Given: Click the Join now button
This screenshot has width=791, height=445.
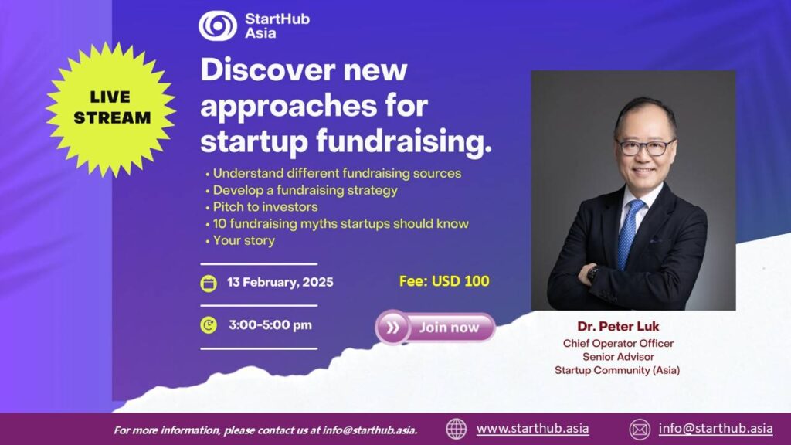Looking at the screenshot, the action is (436, 328).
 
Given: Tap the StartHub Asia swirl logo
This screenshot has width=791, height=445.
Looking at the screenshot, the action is (217, 25).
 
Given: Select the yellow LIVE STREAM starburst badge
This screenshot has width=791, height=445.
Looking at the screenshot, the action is (111, 109).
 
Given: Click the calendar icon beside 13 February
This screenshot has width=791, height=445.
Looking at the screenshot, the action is (209, 283).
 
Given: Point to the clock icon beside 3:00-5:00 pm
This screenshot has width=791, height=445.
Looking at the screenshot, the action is (209, 325).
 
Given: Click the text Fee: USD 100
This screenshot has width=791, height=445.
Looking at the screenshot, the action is (444, 281).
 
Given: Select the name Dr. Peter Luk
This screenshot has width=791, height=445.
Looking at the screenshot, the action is (618, 327).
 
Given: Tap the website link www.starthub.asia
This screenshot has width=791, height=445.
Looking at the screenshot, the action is (532, 428).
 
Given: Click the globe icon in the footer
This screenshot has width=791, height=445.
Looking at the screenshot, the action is (456, 430).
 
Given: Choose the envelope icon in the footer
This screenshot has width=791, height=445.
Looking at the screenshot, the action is (640, 430).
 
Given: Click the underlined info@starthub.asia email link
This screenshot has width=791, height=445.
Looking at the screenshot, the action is (715, 428).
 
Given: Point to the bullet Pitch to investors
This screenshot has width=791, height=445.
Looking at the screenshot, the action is (262, 207).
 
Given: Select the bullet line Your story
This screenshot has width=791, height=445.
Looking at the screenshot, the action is (240, 241).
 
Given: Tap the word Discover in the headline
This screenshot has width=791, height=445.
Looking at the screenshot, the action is (267, 70).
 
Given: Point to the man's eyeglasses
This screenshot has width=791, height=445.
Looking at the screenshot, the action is (646, 147).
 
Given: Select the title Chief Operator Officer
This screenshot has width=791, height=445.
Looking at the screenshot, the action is (618, 344).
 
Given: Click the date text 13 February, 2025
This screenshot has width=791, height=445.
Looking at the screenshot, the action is (280, 282).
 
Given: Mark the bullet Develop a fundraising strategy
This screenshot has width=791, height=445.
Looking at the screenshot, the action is (302, 190).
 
